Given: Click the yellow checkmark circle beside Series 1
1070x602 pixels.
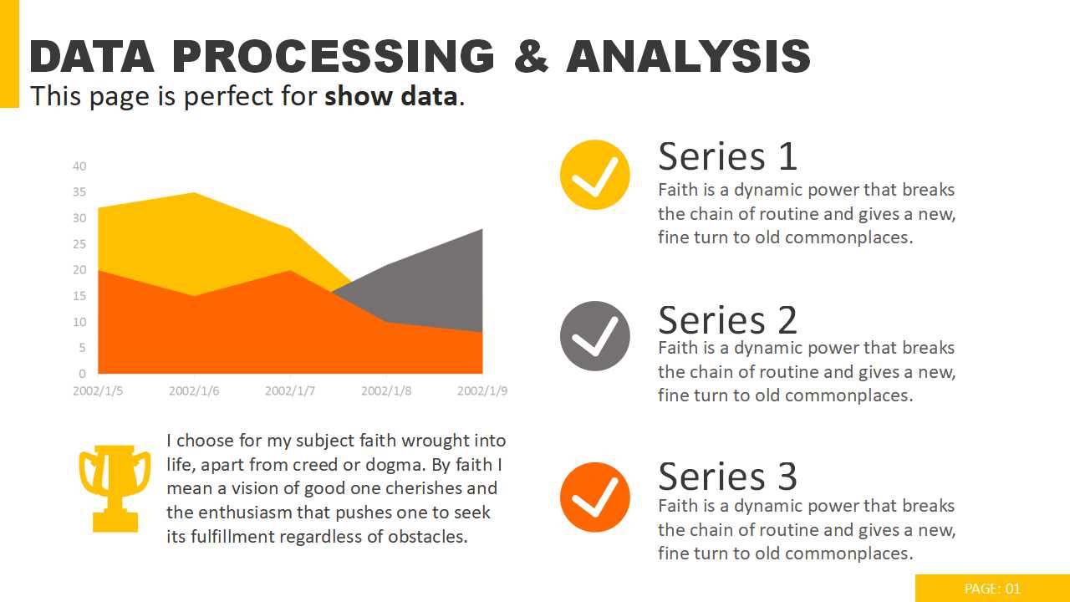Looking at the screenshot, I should click(594, 174).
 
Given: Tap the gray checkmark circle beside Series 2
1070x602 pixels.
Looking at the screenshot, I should click(594, 336).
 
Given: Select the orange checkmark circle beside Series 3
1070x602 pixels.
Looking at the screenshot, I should click(594, 497).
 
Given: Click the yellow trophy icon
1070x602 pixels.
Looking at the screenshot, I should click(115, 487).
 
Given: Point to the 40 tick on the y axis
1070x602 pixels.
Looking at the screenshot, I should click(79, 166).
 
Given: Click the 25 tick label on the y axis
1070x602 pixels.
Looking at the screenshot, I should click(79, 244).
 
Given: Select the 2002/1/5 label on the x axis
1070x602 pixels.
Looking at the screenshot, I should click(98, 390).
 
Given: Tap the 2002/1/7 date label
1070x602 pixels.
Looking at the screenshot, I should click(290, 390).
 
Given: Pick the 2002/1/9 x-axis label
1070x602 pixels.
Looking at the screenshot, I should click(482, 390).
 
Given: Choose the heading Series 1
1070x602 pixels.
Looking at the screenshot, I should click(727, 156).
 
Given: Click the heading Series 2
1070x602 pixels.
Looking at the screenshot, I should click(727, 319).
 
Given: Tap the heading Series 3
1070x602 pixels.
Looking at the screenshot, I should click(727, 477).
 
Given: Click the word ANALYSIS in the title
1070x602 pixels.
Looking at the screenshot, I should click(688, 57).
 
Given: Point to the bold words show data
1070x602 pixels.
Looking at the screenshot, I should click(390, 97).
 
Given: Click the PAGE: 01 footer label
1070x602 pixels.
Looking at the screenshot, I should click(992, 589).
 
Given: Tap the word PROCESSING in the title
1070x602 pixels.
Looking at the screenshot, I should click(334, 57).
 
